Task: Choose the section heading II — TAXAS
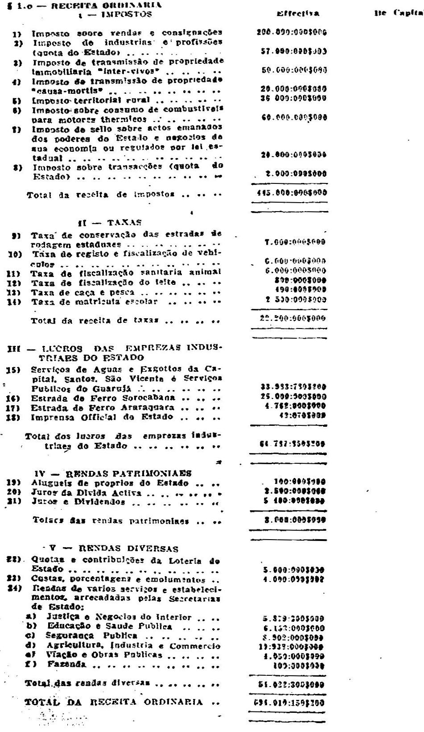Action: [109, 222]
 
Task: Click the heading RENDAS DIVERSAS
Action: [129, 549]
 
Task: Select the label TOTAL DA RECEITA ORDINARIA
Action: [114, 702]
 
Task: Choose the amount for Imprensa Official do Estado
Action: [305, 416]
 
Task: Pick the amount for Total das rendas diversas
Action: [293, 684]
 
